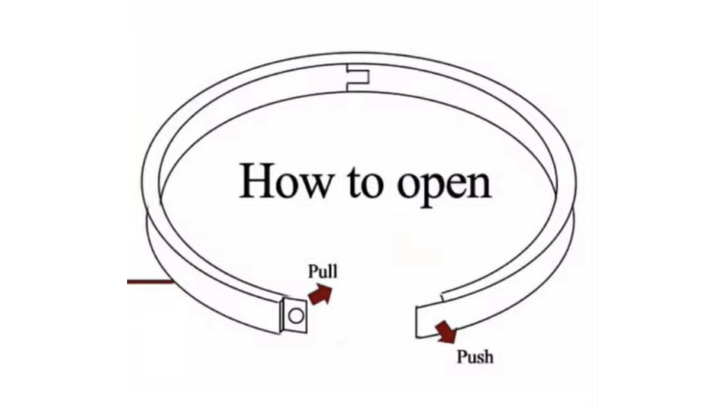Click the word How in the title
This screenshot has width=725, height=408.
(286, 181)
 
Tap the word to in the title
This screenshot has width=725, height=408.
(365, 183)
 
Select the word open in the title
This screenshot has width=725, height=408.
(444, 187)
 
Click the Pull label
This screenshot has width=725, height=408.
(323, 271)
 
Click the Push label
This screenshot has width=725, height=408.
(475, 357)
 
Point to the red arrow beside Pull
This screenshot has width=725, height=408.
(320, 295)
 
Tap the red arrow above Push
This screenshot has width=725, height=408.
(446, 331)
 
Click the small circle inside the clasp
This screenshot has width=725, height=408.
(296, 316)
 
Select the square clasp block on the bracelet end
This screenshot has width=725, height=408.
(293, 315)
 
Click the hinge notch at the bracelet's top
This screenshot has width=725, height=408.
(358, 78)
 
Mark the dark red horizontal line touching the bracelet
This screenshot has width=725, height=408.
(150, 281)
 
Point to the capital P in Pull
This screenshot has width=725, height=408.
(313, 270)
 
